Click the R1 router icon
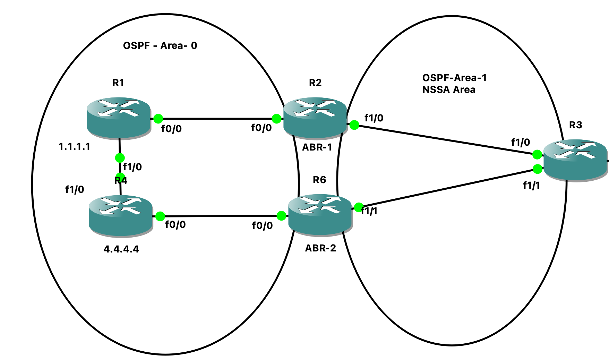tap(119, 118)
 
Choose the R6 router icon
tap(320, 213)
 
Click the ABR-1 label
tap(317, 147)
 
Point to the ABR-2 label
tap(320, 248)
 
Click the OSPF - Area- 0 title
tap(160, 46)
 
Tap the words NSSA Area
tap(449, 90)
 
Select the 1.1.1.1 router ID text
tap(74, 147)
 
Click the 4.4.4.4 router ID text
tap(121, 249)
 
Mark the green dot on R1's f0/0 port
tap(158, 119)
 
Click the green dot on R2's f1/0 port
tap(354, 125)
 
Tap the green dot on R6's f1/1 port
tap(359, 207)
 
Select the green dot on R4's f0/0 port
tap(160, 216)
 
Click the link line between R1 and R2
tap(217, 119)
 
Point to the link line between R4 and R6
tap(220, 216)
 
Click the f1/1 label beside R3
tap(531, 186)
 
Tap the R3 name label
tap(575, 125)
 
